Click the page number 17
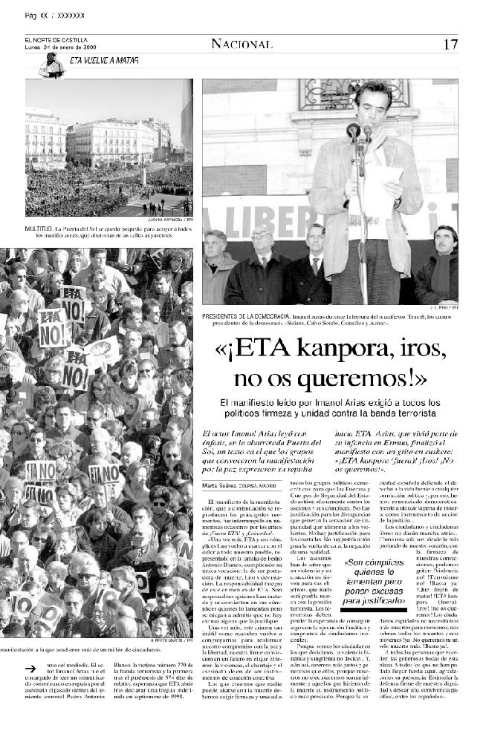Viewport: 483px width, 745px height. click(450, 44)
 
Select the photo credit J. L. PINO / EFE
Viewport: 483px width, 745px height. click(444, 306)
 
